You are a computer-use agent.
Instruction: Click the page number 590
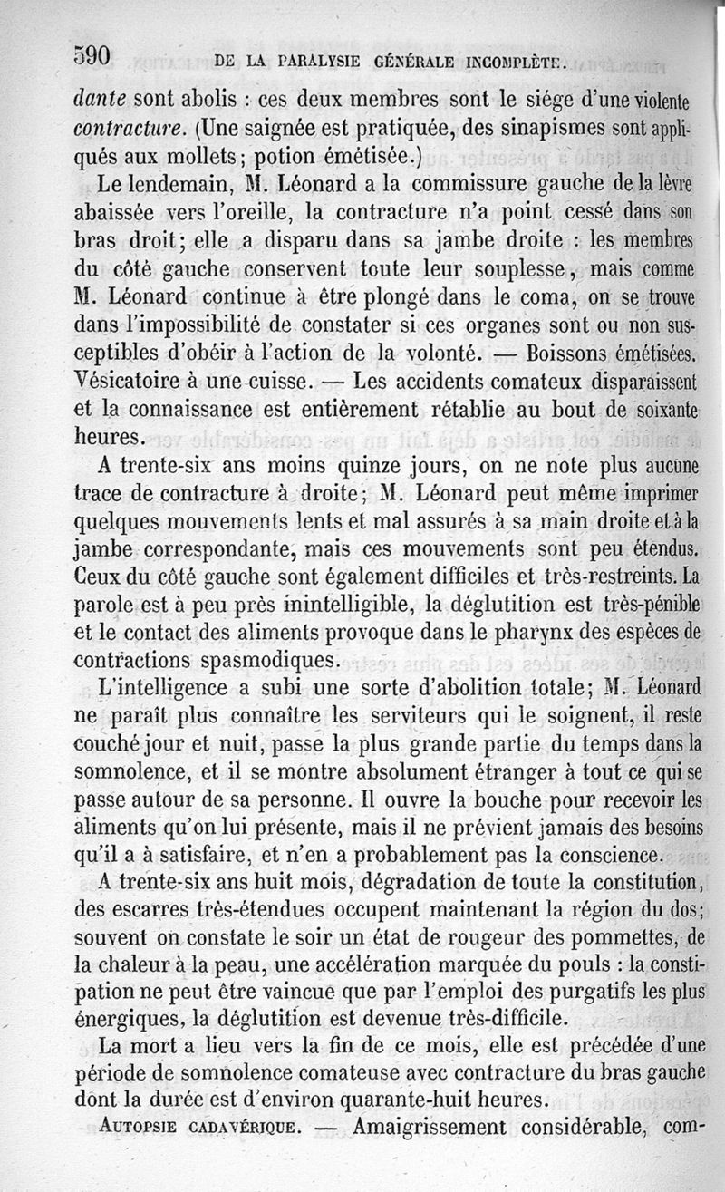coord(92,57)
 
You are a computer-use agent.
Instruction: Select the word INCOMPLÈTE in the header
coord(516,63)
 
